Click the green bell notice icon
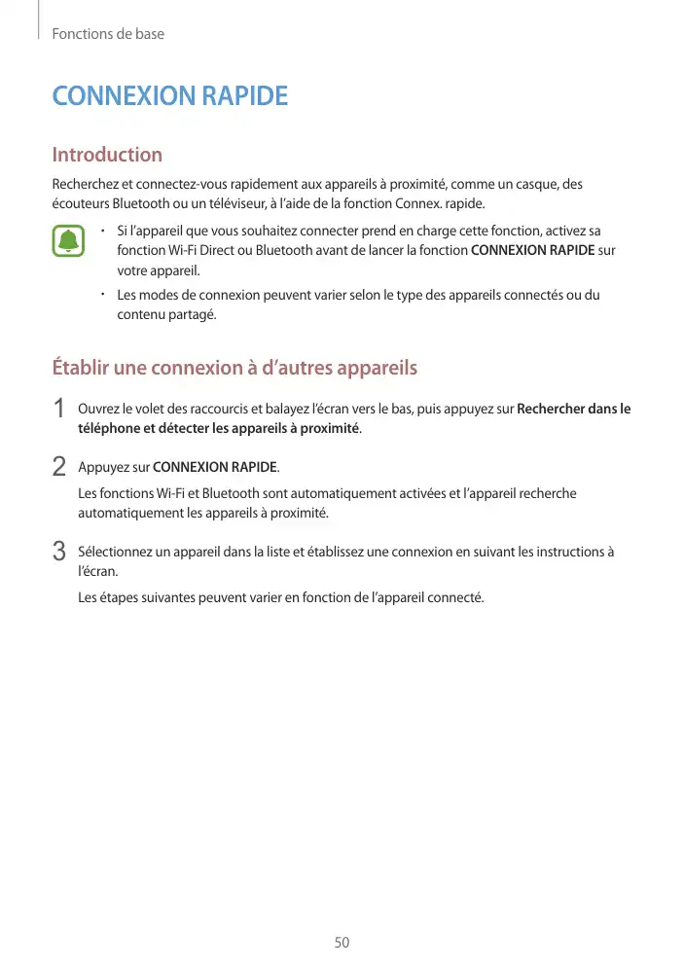click(68, 241)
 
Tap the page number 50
click(342, 943)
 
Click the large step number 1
click(59, 410)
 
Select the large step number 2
click(59, 467)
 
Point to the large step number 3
click(59, 552)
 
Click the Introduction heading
click(107, 155)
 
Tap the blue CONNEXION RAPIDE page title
click(169, 97)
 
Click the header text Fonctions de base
click(108, 34)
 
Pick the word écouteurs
click(81, 203)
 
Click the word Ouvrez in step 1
click(98, 409)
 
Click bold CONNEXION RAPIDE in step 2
click(215, 467)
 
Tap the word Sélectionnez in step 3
click(117, 552)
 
